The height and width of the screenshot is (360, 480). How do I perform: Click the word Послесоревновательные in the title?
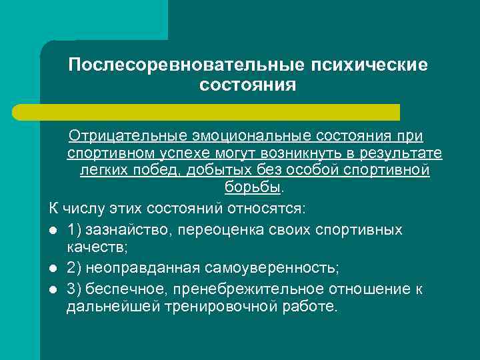pos(181,66)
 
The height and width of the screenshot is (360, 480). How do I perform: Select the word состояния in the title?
pos(247,86)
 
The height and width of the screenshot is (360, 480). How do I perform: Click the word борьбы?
pos(246,188)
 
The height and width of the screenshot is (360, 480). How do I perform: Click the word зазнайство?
pos(124,230)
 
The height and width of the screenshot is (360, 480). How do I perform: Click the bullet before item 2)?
pos(53,269)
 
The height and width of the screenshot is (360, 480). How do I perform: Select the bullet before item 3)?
pos(53,289)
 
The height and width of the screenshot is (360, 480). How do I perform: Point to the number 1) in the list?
pos(74,230)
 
